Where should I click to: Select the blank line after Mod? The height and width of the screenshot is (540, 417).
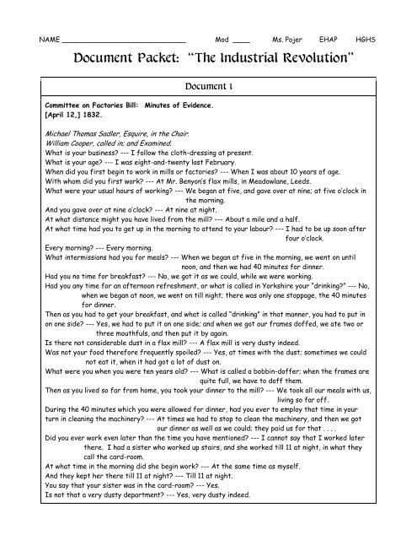point(240,41)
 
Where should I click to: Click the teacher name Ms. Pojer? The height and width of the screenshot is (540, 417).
point(284,40)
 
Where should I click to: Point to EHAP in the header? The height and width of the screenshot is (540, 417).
point(329,40)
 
